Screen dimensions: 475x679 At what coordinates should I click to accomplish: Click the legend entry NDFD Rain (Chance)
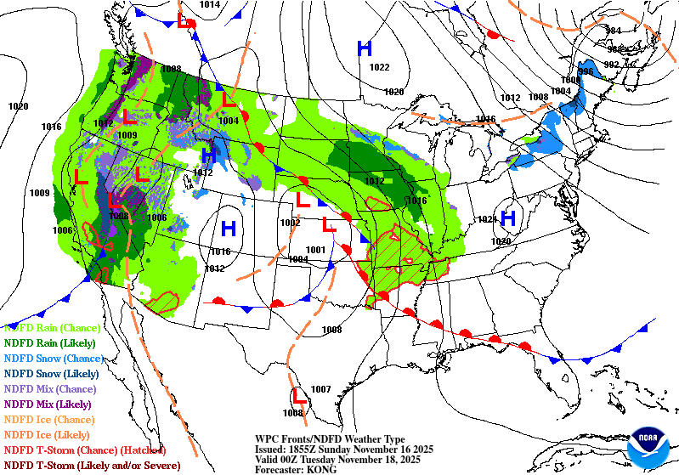52,327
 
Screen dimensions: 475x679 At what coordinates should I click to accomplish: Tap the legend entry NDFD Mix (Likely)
48,404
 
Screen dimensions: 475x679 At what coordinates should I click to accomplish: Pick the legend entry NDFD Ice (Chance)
48,419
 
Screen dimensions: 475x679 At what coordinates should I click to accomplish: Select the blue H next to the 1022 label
365,48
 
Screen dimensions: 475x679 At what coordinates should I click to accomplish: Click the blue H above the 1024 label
508,218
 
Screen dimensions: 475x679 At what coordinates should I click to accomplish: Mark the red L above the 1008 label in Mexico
298,395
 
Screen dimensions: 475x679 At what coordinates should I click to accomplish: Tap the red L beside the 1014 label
184,20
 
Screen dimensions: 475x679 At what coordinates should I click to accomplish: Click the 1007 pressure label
320,389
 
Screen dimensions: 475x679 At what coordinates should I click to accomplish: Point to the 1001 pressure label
315,249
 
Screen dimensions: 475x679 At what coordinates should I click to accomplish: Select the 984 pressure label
613,31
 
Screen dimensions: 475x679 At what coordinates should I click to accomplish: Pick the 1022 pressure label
379,68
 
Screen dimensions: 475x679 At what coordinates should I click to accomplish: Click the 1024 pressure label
487,219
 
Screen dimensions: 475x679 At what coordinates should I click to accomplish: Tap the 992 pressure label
611,65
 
